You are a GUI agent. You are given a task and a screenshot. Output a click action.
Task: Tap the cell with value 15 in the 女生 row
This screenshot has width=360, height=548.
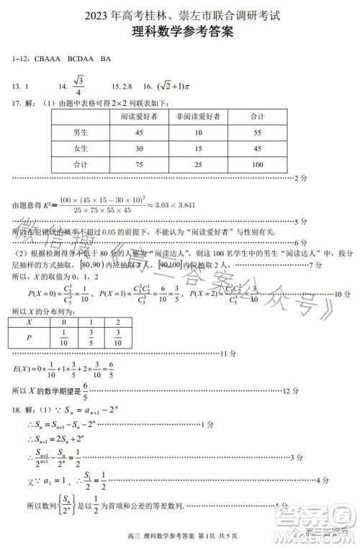[x=198, y=149]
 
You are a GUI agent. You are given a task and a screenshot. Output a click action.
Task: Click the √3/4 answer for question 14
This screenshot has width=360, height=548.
[x=78, y=85]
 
